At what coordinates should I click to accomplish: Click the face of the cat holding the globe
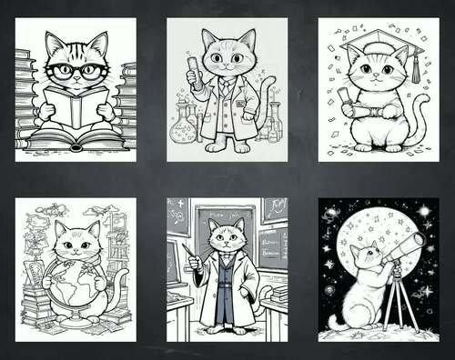(75, 244)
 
